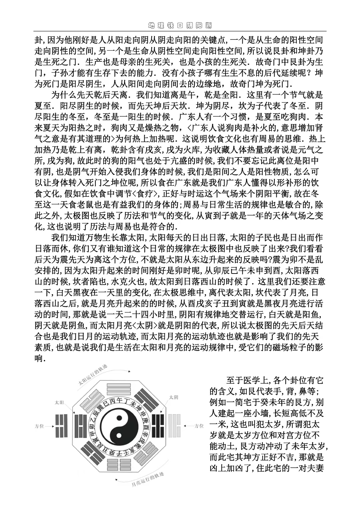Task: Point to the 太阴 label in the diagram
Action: point(173,397)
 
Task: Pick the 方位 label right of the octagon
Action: point(199,426)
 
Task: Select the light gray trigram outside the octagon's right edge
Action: point(175,426)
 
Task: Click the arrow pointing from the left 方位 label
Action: point(50,426)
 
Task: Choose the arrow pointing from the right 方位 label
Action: point(189,426)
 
